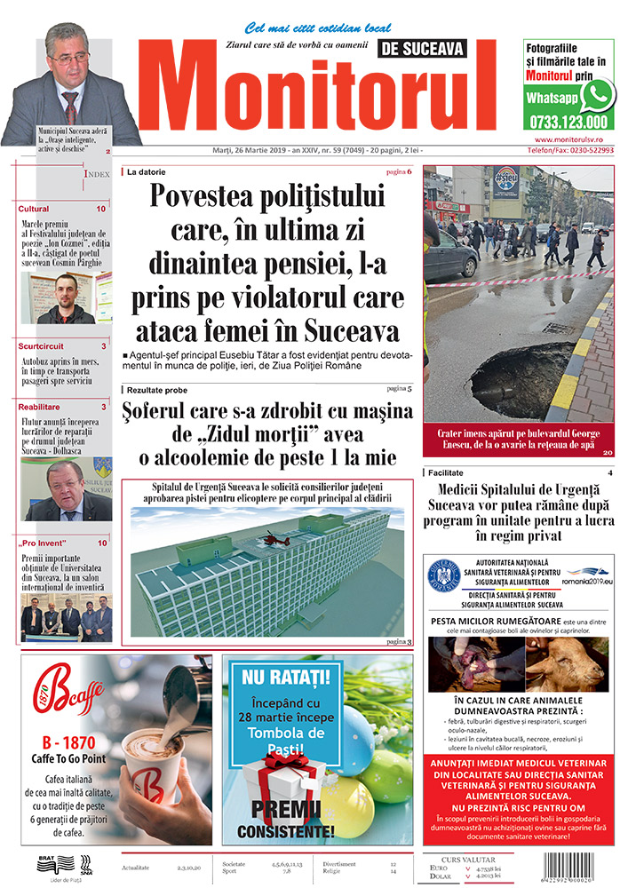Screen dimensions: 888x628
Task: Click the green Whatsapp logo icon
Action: pos(598,94)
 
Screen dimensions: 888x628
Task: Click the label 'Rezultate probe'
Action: pos(157,390)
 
